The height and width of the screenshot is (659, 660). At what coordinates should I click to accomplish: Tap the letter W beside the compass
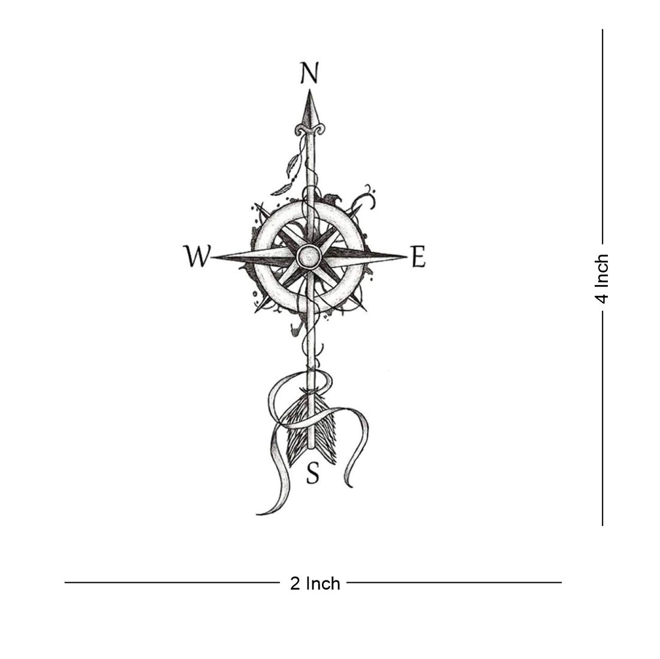point(197,256)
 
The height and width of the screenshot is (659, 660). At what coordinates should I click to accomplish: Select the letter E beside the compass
point(418,256)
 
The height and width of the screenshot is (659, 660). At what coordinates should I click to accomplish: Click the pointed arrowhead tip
point(310,90)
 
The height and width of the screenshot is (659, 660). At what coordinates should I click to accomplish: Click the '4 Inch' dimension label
point(602,279)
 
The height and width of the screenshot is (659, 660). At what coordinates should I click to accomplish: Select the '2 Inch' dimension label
point(315,584)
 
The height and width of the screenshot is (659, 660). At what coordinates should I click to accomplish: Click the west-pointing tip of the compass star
point(211,256)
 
